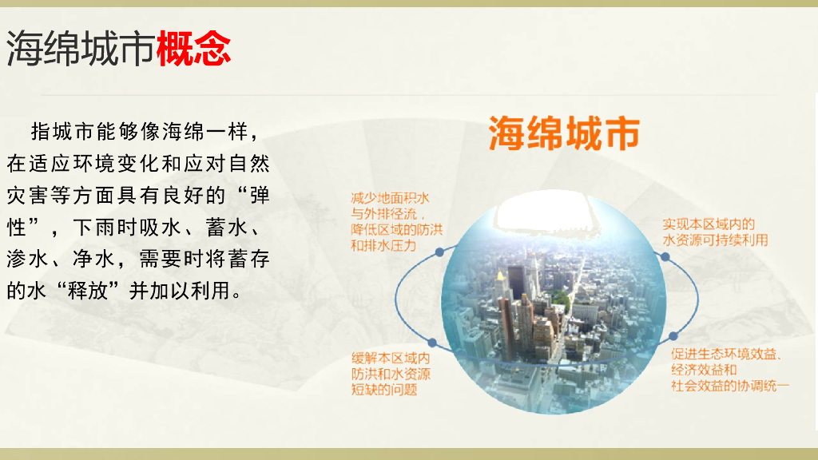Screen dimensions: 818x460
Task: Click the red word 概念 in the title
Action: [193, 49]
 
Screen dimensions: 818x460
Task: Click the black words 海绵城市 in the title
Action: [81, 49]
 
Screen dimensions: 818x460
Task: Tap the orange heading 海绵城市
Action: [564, 133]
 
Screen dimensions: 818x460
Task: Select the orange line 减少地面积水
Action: [390, 198]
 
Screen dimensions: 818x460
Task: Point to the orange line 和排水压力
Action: [383, 245]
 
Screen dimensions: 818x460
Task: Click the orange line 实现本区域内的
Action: [709, 224]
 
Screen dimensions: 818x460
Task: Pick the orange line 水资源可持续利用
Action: [715, 240]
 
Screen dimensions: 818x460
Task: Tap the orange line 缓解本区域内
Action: [391, 359]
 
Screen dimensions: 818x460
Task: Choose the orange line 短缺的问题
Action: [384, 390]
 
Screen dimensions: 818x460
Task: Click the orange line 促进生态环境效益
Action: [726, 354]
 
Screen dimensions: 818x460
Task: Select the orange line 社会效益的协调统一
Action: [730, 386]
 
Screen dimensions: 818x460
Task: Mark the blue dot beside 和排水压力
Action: [440, 252]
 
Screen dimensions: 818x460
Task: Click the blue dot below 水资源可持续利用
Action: [665, 256]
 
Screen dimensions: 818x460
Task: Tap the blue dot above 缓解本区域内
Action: [432, 343]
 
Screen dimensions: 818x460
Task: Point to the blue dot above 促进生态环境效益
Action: [673, 336]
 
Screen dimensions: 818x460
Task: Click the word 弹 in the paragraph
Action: [260, 196]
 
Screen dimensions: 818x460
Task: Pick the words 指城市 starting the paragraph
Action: [63, 132]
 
